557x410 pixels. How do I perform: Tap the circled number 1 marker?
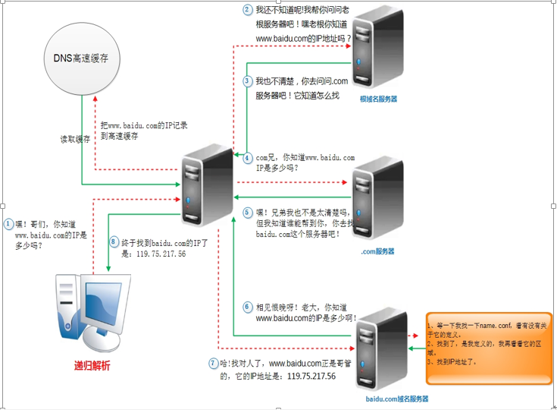point(8,224)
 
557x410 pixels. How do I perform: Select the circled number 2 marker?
point(247,11)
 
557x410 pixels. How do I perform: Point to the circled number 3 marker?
point(247,80)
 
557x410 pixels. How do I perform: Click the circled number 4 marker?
point(247,158)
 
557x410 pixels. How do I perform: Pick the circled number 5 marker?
point(247,213)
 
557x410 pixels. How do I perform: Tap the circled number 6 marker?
point(247,307)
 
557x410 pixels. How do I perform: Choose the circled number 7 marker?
point(213,363)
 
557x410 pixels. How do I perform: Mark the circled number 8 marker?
point(114,241)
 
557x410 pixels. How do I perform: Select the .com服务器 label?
point(377,251)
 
